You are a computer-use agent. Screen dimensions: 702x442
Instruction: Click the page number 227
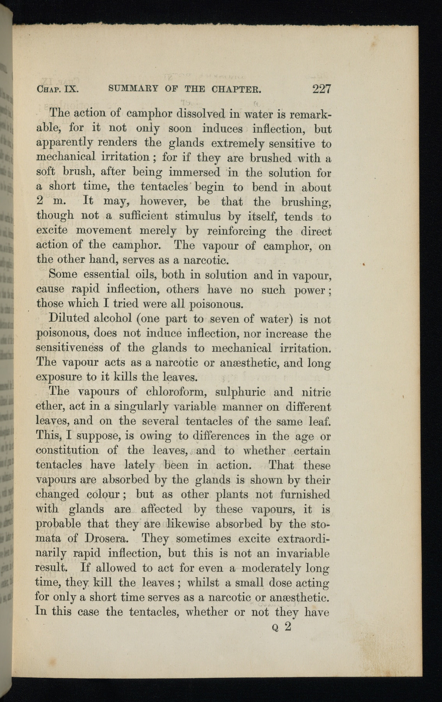coord(321,89)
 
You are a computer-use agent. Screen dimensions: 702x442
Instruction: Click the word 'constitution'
coord(67,450)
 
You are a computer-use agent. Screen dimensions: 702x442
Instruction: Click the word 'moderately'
coord(271,568)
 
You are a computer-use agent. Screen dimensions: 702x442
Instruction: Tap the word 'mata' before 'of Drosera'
coord(48,539)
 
